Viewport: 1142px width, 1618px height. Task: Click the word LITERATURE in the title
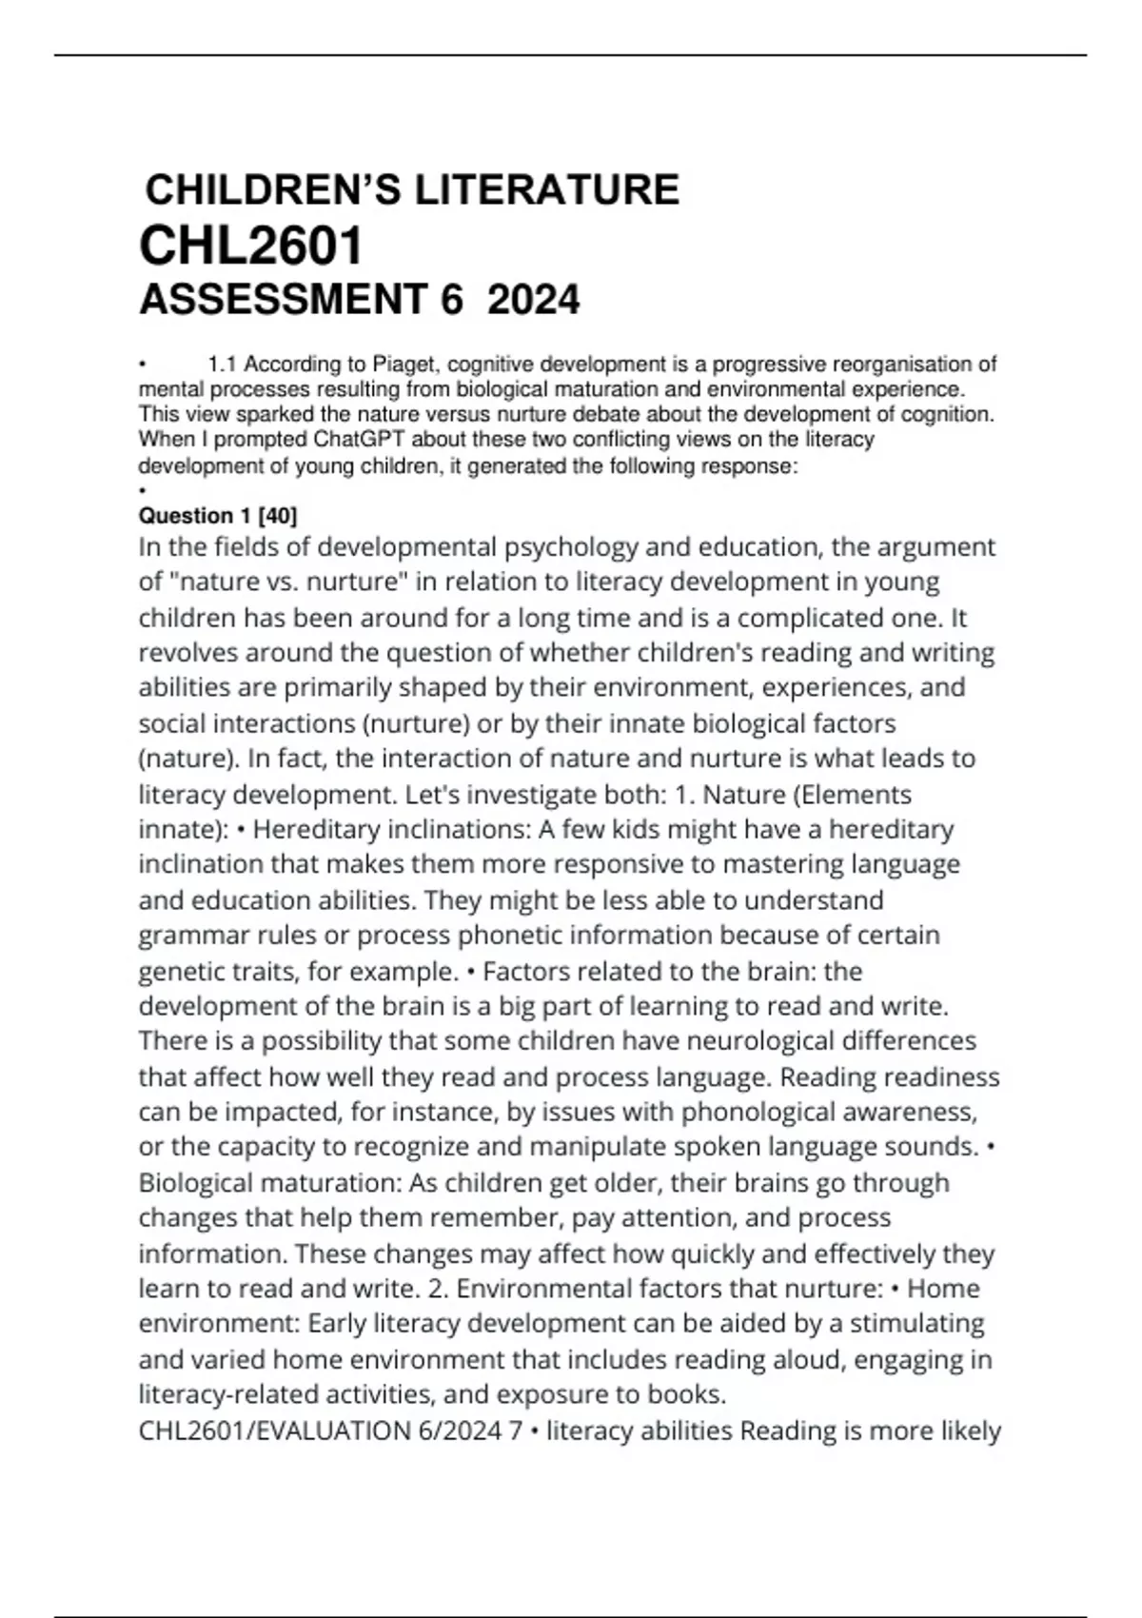[546, 190]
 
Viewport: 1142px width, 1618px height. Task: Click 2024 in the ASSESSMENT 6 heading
[533, 301]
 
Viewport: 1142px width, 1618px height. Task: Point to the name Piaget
[406, 365]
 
